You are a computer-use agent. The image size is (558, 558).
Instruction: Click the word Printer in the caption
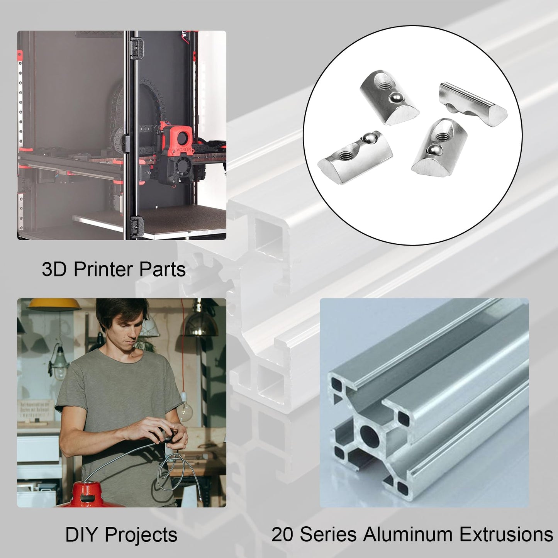pyautogui.click(x=103, y=270)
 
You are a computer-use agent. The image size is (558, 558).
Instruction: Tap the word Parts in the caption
pyautogui.click(x=162, y=270)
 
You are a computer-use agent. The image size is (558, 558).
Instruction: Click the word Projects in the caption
pyautogui.click(x=141, y=536)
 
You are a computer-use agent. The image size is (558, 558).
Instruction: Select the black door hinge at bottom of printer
pyautogui.click(x=137, y=226)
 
